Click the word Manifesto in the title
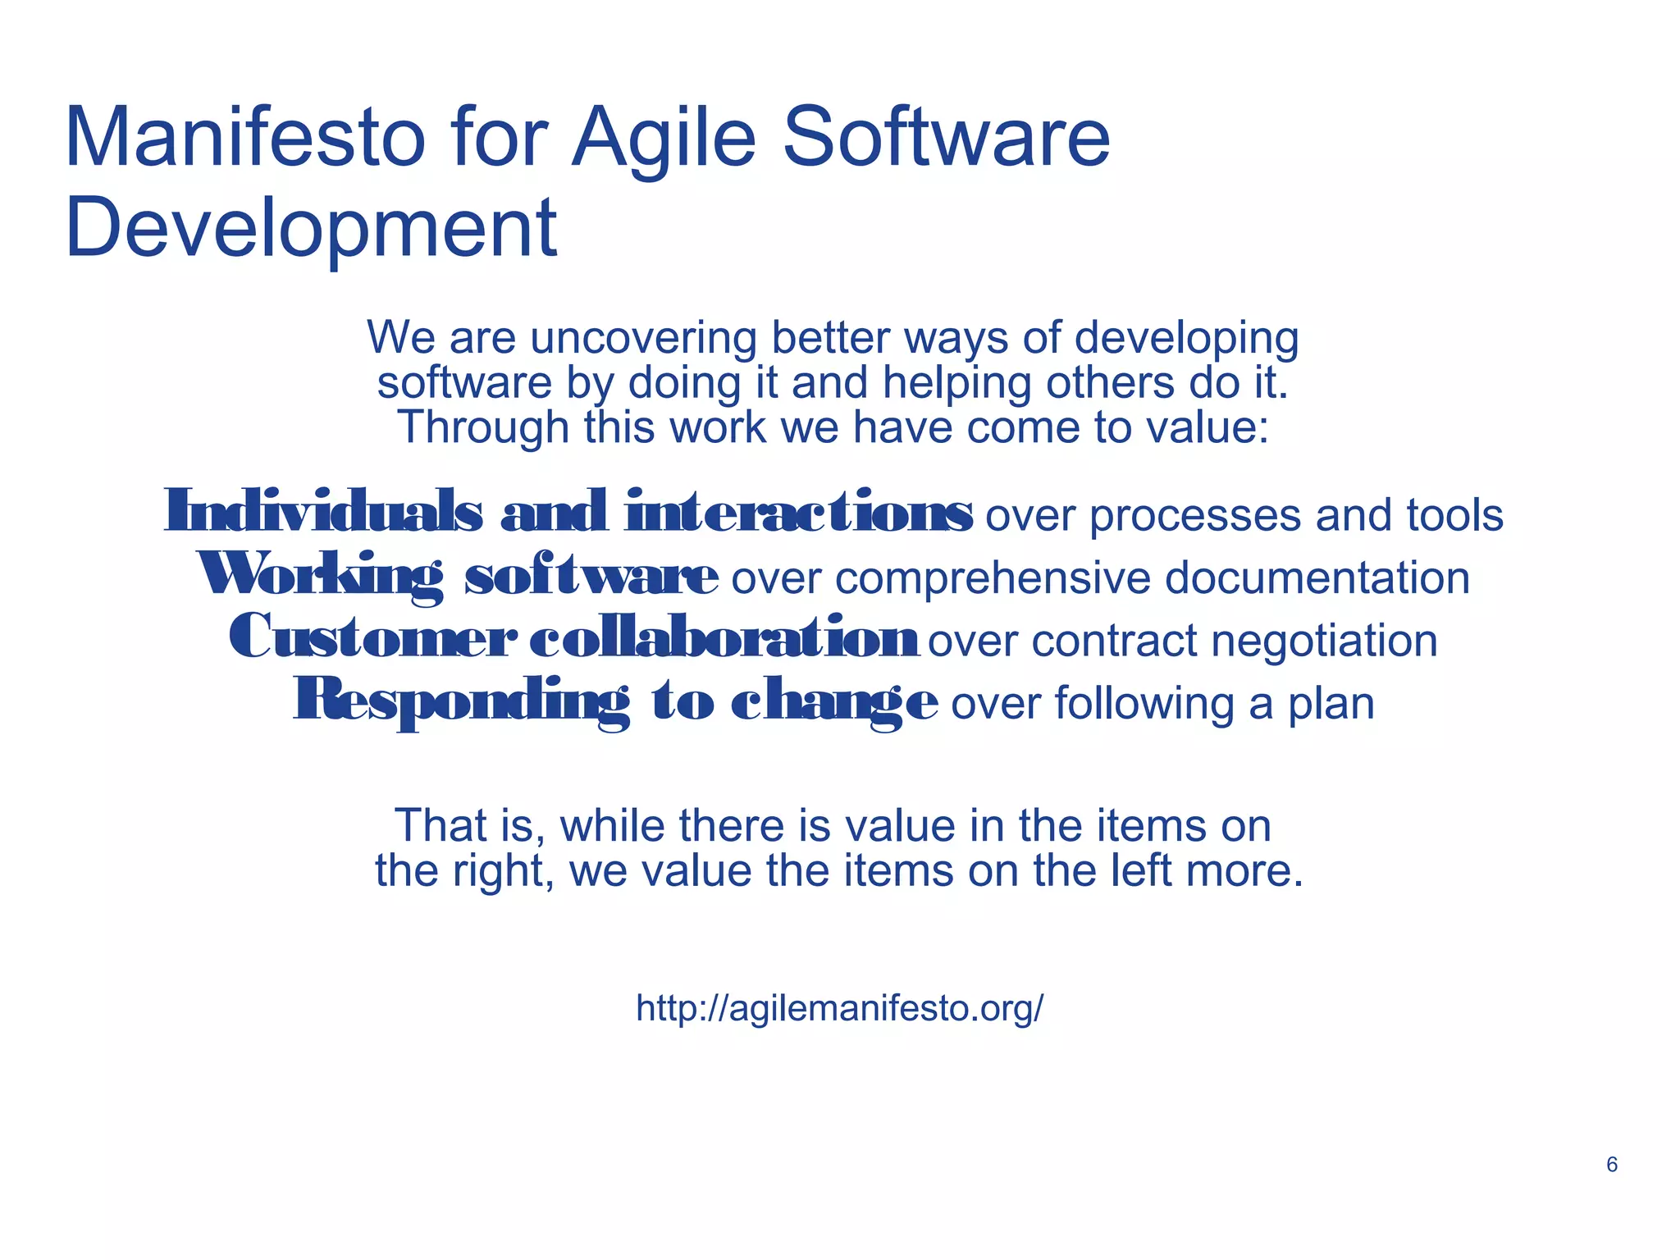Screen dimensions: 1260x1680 244,138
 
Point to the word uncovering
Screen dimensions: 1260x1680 643,338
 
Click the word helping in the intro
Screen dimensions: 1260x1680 956,384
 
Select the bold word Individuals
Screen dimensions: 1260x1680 323,511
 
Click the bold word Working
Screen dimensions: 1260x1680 320,575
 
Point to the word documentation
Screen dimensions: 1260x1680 1317,577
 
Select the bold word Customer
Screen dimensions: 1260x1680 373,637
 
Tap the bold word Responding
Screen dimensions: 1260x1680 462,701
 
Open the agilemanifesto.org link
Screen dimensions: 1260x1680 839,1007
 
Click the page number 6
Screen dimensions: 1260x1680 1611,1165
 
